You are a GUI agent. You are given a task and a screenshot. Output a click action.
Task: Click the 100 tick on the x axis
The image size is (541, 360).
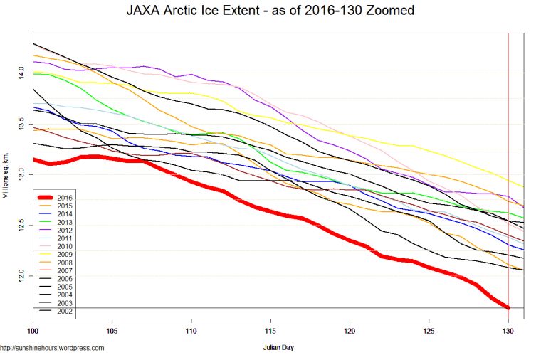(33, 332)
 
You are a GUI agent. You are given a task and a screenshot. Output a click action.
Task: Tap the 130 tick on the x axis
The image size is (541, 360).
(508, 332)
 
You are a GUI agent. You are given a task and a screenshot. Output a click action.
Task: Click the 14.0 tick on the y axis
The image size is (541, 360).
(22, 73)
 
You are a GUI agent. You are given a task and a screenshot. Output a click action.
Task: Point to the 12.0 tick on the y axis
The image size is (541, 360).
(22, 275)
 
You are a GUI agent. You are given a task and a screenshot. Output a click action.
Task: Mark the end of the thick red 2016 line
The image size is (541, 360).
(508, 307)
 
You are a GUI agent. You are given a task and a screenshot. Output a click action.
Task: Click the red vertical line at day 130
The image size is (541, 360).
(508, 142)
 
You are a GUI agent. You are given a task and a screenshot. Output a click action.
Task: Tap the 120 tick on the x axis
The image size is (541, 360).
(350, 332)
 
